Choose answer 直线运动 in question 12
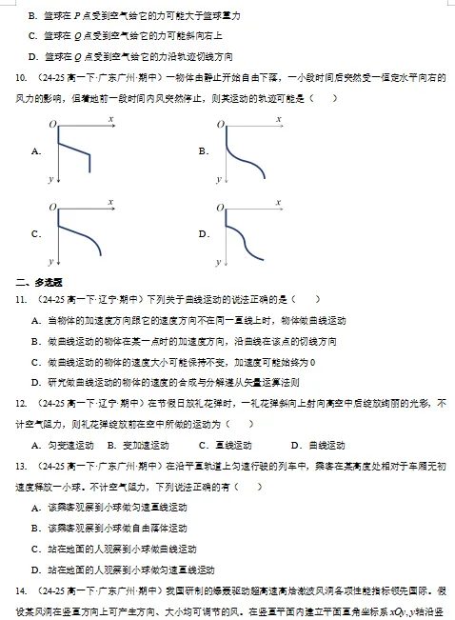[x=232, y=446]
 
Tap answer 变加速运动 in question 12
[x=146, y=446]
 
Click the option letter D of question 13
[x=35, y=570]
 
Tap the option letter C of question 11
[x=35, y=362]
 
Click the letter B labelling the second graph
[x=203, y=151]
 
